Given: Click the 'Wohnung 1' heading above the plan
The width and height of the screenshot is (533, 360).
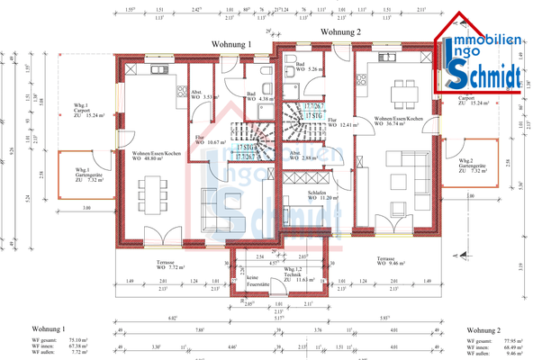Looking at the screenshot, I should pyautogui.click(x=231, y=42).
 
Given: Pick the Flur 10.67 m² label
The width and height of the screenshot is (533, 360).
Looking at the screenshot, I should pyautogui.click(x=206, y=139).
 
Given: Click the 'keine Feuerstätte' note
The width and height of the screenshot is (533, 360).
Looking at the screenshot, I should pyautogui.click(x=258, y=280).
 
